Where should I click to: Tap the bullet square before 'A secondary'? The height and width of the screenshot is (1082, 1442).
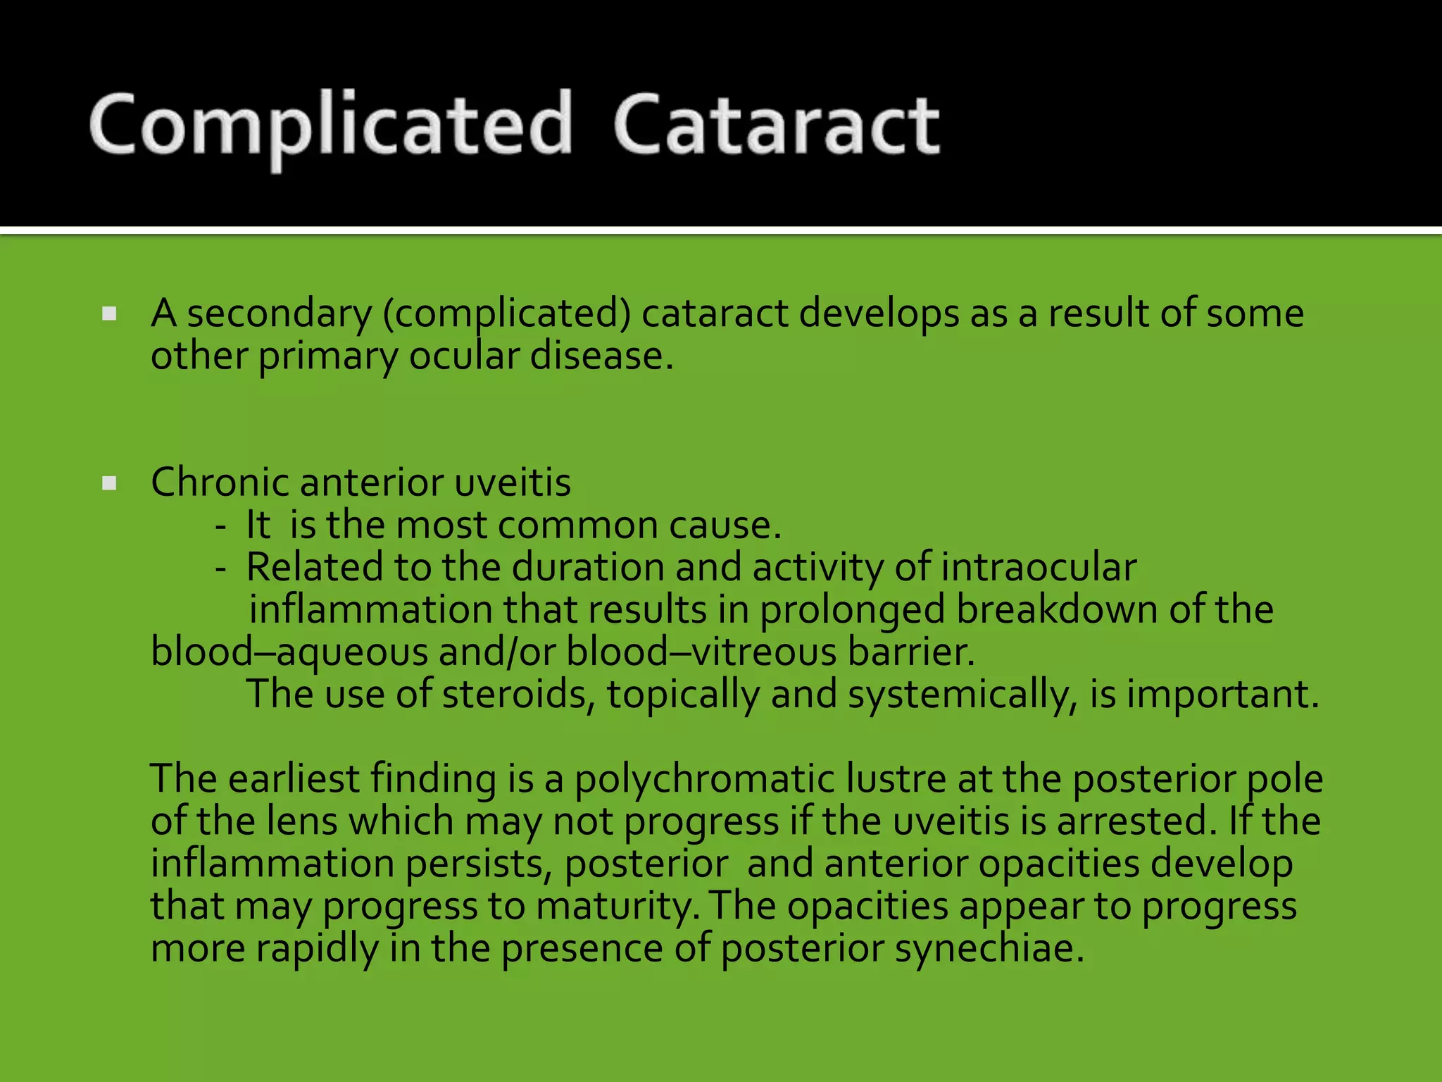(109, 313)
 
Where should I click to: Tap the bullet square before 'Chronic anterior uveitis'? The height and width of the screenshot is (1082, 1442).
(109, 483)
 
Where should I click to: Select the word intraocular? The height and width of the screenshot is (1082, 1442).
(1039, 567)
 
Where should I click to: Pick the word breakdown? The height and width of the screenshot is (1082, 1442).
(1056, 609)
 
